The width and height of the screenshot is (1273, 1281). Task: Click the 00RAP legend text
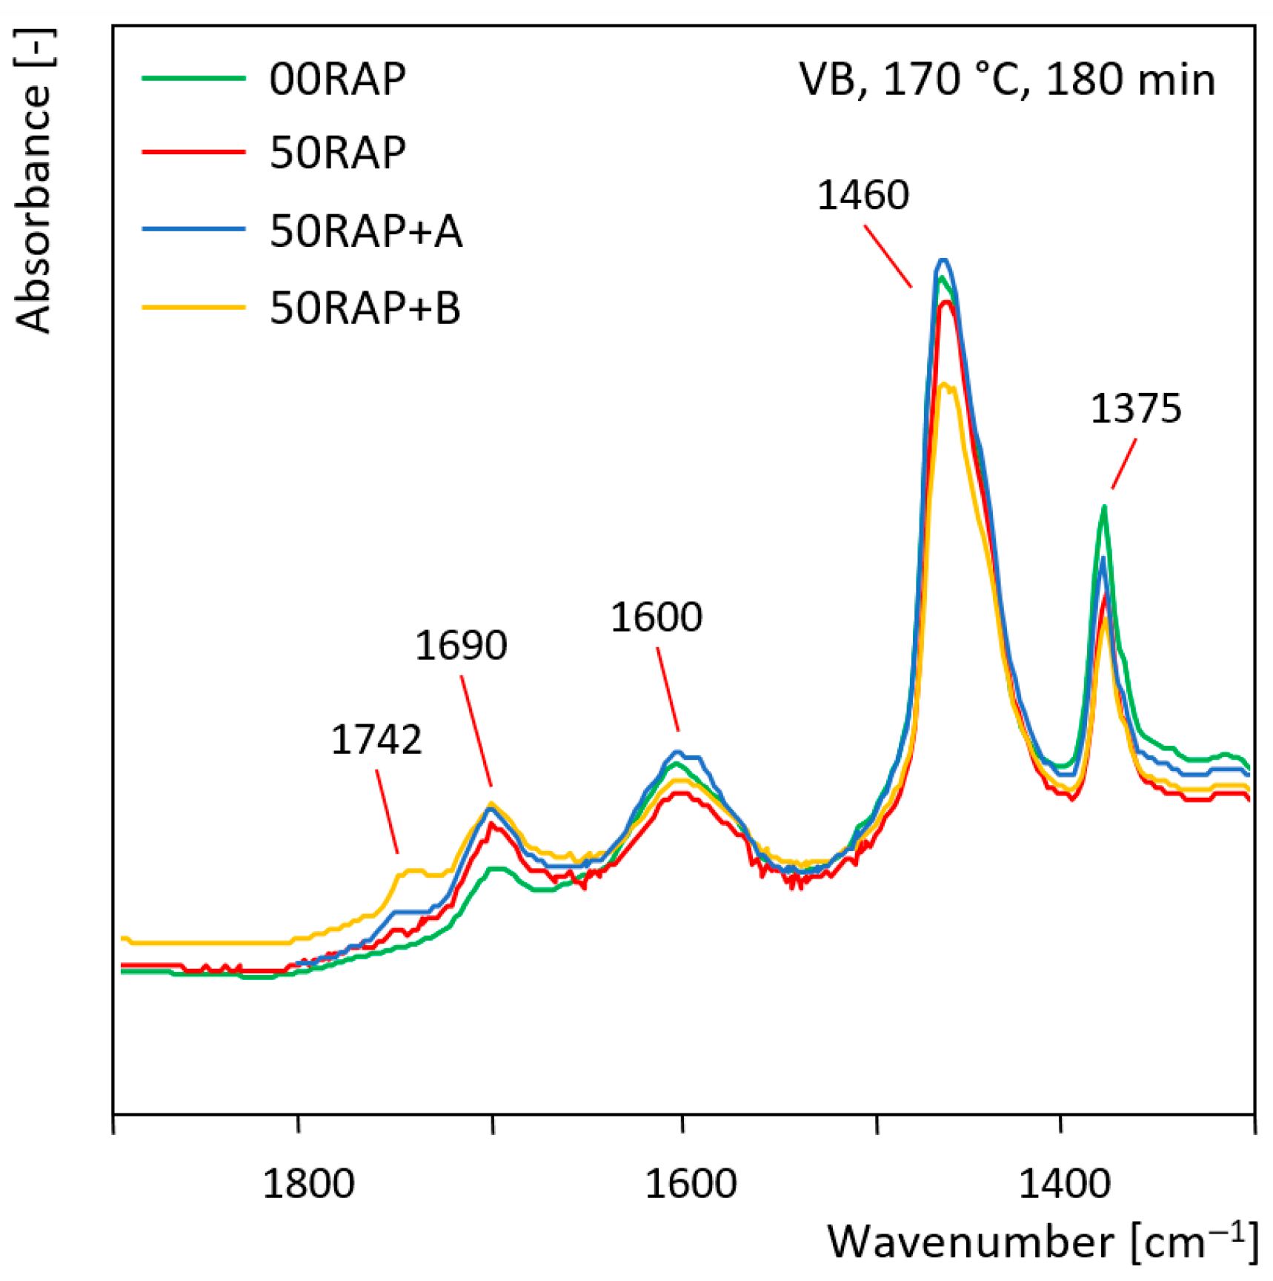pos(337,79)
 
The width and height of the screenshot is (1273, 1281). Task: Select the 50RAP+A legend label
pos(366,231)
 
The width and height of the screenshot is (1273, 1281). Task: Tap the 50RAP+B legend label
pos(365,308)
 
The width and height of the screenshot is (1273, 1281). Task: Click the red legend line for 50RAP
pos(193,152)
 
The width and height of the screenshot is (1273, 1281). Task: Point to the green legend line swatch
pos(193,78)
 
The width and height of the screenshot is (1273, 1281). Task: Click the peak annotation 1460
pos(862,196)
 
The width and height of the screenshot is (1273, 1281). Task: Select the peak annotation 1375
pos(1135,408)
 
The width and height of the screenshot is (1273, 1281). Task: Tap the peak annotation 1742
pos(376,740)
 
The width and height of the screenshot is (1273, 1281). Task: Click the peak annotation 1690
pos(461,645)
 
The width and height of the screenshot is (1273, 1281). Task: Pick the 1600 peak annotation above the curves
pos(656,617)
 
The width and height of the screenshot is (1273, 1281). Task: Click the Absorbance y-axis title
pos(34,182)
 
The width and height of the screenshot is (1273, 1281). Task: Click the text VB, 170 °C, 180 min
pos(1007,79)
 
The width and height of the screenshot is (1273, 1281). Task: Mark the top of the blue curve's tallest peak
pos(943,260)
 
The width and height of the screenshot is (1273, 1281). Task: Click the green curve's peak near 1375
pos(1104,508)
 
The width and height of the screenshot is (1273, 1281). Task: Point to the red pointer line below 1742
pos(388,812)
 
